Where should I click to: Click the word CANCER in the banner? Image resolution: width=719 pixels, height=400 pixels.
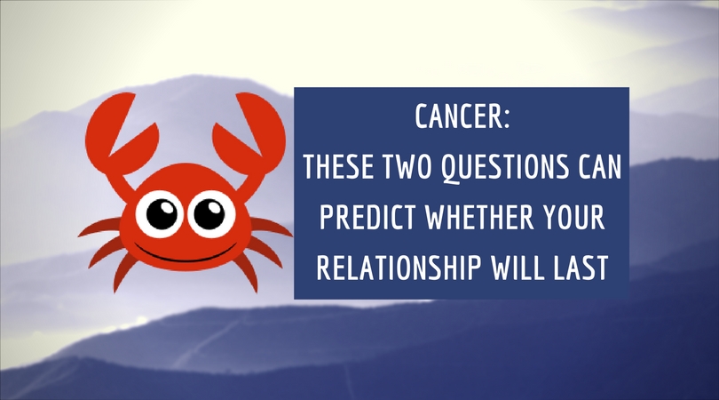[459, 116]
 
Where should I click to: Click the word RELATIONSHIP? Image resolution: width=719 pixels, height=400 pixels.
[399, 268]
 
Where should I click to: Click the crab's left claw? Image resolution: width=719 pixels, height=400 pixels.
[120, 133]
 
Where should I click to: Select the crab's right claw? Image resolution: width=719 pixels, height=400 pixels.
[250, 133]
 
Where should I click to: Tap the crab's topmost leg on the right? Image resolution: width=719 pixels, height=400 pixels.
[272, 227]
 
